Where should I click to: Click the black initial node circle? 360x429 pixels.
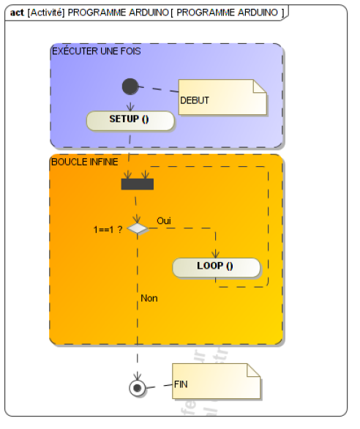[x=130, y=86]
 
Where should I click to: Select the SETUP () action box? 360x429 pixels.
[x=130, y=121]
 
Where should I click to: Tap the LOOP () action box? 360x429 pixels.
[x=216, y=267]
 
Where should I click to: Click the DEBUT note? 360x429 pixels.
[x=222, y=97]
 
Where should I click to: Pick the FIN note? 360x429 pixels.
[x=216, y=381]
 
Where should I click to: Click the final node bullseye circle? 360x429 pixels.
[x=137, y=388]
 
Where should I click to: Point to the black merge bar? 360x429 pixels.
[x=138, y=184]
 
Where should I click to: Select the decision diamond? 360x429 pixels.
[x=138, y=228]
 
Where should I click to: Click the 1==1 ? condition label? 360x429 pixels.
[x=108, y=230]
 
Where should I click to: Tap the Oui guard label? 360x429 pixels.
[x=164, y=221]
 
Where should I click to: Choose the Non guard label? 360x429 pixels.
[x=149, y=298]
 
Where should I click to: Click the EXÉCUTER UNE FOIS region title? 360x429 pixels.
[x=97, y=51]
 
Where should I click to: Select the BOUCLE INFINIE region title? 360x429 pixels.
[x=85, y=162]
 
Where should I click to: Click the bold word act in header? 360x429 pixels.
[x=17, y=12]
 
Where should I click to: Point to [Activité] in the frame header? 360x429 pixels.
[x=46, y=12]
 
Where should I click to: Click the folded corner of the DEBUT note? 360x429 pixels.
[x=260, y=86]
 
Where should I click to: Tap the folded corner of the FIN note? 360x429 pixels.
[x=254, y=370]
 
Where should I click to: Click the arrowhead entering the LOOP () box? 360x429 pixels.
[x=216, y=255]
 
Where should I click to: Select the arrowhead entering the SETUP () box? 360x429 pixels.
[x=130, y=108]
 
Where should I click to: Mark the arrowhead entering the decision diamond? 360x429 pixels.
[x=137, y=220]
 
